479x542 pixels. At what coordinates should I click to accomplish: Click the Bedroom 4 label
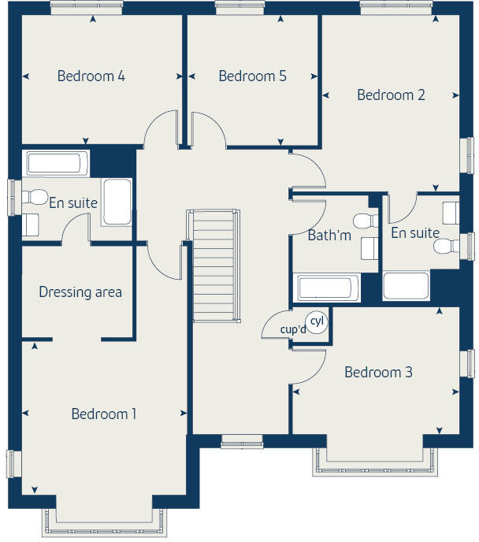point(91,76)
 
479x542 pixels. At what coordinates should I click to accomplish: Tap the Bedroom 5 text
point(252,76)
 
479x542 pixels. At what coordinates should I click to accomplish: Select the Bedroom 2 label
point(391,95)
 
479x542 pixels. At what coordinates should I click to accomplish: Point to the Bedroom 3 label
point(378,372)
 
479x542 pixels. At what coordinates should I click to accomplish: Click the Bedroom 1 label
point(104,414)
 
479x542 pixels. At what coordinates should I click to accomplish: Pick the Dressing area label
point(80,292)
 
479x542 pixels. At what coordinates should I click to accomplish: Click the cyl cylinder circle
point(317,321)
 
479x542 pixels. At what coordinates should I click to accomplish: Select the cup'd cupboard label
point(293,330)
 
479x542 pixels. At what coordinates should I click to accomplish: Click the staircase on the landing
point(214,265)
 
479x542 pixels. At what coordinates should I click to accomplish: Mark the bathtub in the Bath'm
point(326,288)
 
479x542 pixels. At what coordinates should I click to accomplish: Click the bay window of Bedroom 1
point(105,519)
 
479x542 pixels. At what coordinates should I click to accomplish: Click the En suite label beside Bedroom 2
point(414,232)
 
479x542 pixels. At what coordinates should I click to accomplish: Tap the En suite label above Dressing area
point(73,202)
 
